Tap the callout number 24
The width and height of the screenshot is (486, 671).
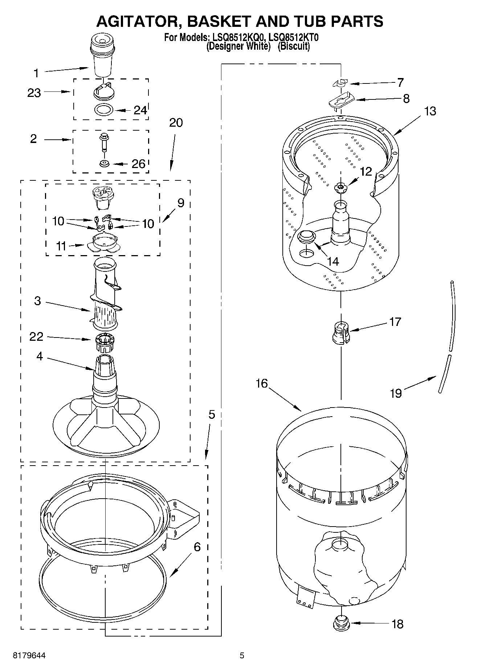click(x=140, y=110)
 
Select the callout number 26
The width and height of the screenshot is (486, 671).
click(x=138, y=164)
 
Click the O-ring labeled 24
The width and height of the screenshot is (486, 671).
click(x=104, y=109)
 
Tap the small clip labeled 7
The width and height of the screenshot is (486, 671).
click(x=340, y=83)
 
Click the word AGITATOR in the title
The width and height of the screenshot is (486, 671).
click(x=138, y=21)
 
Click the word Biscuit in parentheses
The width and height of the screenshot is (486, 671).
click(x=294, y=46)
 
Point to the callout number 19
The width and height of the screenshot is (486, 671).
click(x=396, y=393)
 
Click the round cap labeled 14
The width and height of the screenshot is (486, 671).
click(x=306, y=236)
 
